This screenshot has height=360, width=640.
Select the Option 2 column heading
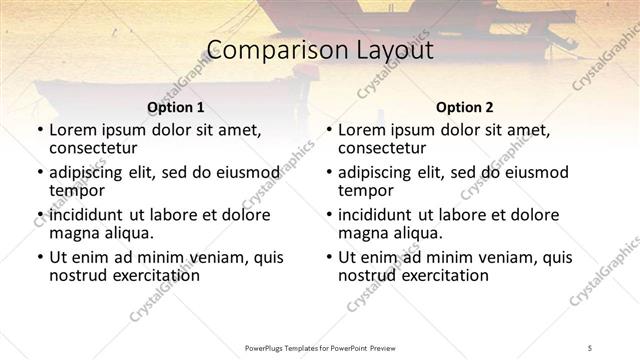tap(464, 106)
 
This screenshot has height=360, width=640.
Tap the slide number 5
tap(590, 346)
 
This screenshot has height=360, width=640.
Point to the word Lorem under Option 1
tap(72, 130)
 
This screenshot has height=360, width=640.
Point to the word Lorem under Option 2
tap(361, 130)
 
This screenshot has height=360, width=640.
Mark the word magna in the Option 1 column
tap(72, 232)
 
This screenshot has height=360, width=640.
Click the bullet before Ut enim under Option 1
tap(40, 257)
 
